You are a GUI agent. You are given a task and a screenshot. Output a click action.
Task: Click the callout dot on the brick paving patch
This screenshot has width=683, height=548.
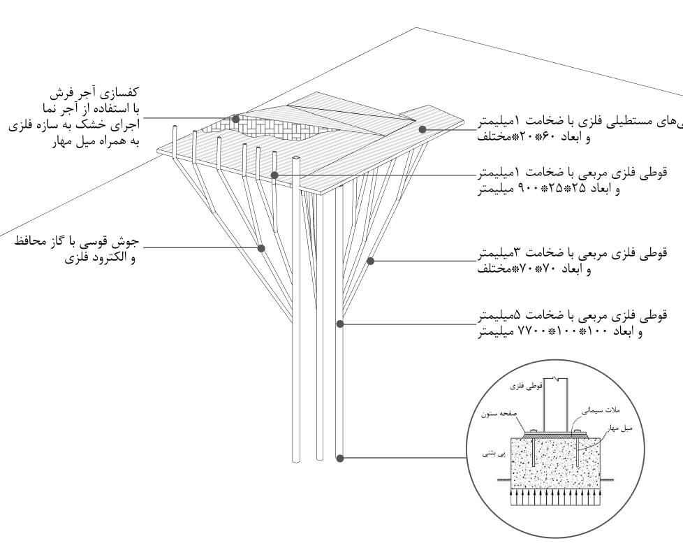pos(236,118)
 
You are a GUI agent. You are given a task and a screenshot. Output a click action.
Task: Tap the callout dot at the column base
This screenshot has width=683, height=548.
pos(339,459)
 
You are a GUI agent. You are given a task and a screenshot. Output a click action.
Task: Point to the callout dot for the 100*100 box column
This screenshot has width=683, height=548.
pos(339,324)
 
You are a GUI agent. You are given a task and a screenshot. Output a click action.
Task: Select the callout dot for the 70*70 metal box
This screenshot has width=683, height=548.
pos(371,261)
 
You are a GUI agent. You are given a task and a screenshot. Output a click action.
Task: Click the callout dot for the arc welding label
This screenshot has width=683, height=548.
pos(261,247)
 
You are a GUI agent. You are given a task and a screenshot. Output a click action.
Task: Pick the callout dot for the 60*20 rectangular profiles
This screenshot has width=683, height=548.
pos(422,129)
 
